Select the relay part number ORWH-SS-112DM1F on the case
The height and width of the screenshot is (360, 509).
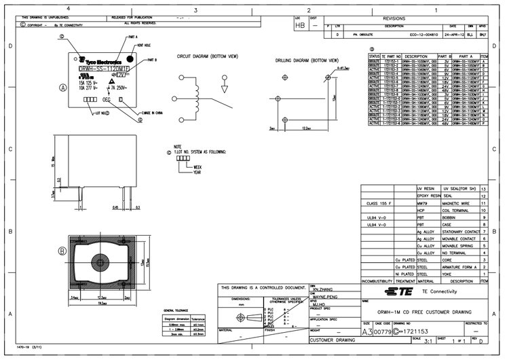point(103,69)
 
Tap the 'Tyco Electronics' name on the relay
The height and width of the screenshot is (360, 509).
point(100,61)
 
